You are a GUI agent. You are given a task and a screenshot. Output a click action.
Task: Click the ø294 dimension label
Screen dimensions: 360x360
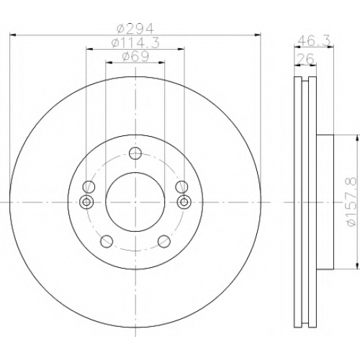pyautogui.click(x=135, y=29)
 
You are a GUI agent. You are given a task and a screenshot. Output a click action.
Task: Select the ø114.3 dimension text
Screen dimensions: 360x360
pyautogui.click(x=135, y=43)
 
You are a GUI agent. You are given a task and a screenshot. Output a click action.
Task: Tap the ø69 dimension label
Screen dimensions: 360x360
pyautogui.click(x=135, y=57)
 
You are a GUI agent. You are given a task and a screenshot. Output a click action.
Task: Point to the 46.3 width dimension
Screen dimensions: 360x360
pyautogui.click(x=314, y=40)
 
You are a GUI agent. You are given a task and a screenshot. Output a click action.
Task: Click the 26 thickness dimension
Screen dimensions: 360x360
pyautogui.click(x=305, y=59)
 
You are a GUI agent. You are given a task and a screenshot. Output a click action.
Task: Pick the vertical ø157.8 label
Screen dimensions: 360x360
pyautogui.click(x=352, y=202)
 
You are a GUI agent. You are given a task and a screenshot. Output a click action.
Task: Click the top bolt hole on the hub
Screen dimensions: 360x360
pyautogui.click(x=135, y=153)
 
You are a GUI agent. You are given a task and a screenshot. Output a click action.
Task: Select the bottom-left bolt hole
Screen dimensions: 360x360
pyautogui.click(x=107, y=241)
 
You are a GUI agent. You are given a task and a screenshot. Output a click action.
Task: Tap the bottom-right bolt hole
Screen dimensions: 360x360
pyautogui.click(x=164, y=241)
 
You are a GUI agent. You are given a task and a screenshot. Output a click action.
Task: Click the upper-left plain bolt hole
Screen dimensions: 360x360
pyautogui.click(x=89, y=186)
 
